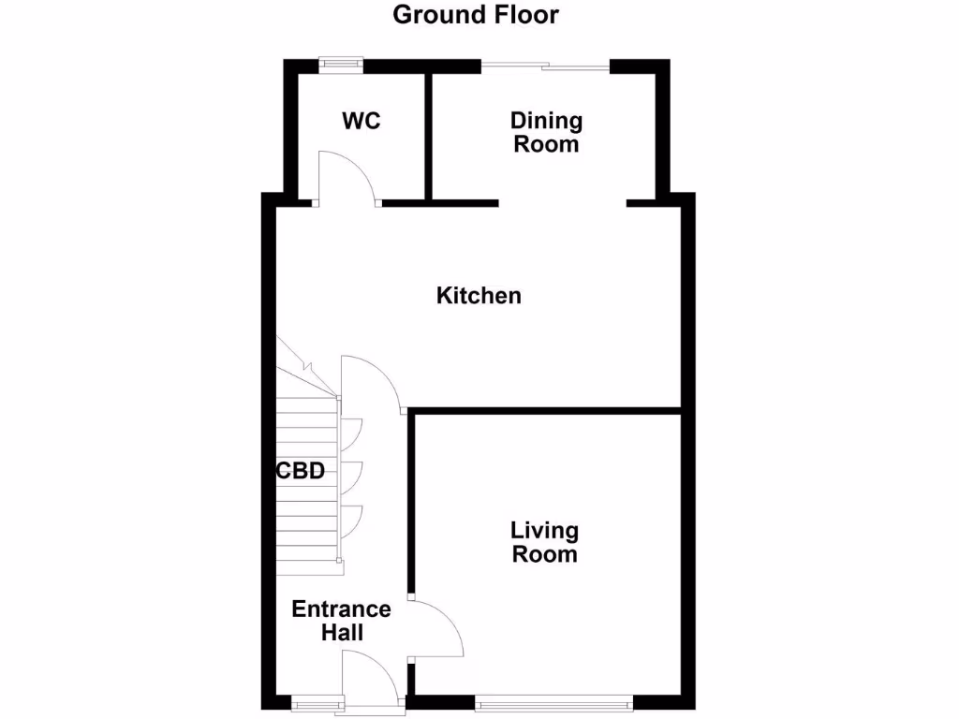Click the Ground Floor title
pyautogui.click(x=475, y=15)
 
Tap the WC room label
pyautogui.click(x=361, y=121)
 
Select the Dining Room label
pyautogui.click(x=546, y=133)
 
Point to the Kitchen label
pyautogui.click(x=479, y=296)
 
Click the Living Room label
pyautogui.click(x=544, y=542)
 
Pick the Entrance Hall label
pyautogui.click(x=341, y=621)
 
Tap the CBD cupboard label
pyautogui.click(x=301, y=471)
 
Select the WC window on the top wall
pyautogui.click(x=340, y=64)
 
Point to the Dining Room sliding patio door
pyautogui.click(x=546, y=65)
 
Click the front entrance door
pyautogui.click(x=373, y=678)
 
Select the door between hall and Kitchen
pyautogui.click(x=372, y=380)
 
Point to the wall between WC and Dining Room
pyautogui.click(x=427, y=136)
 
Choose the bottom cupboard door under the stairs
pyautogui.click(x=351, y=521)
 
